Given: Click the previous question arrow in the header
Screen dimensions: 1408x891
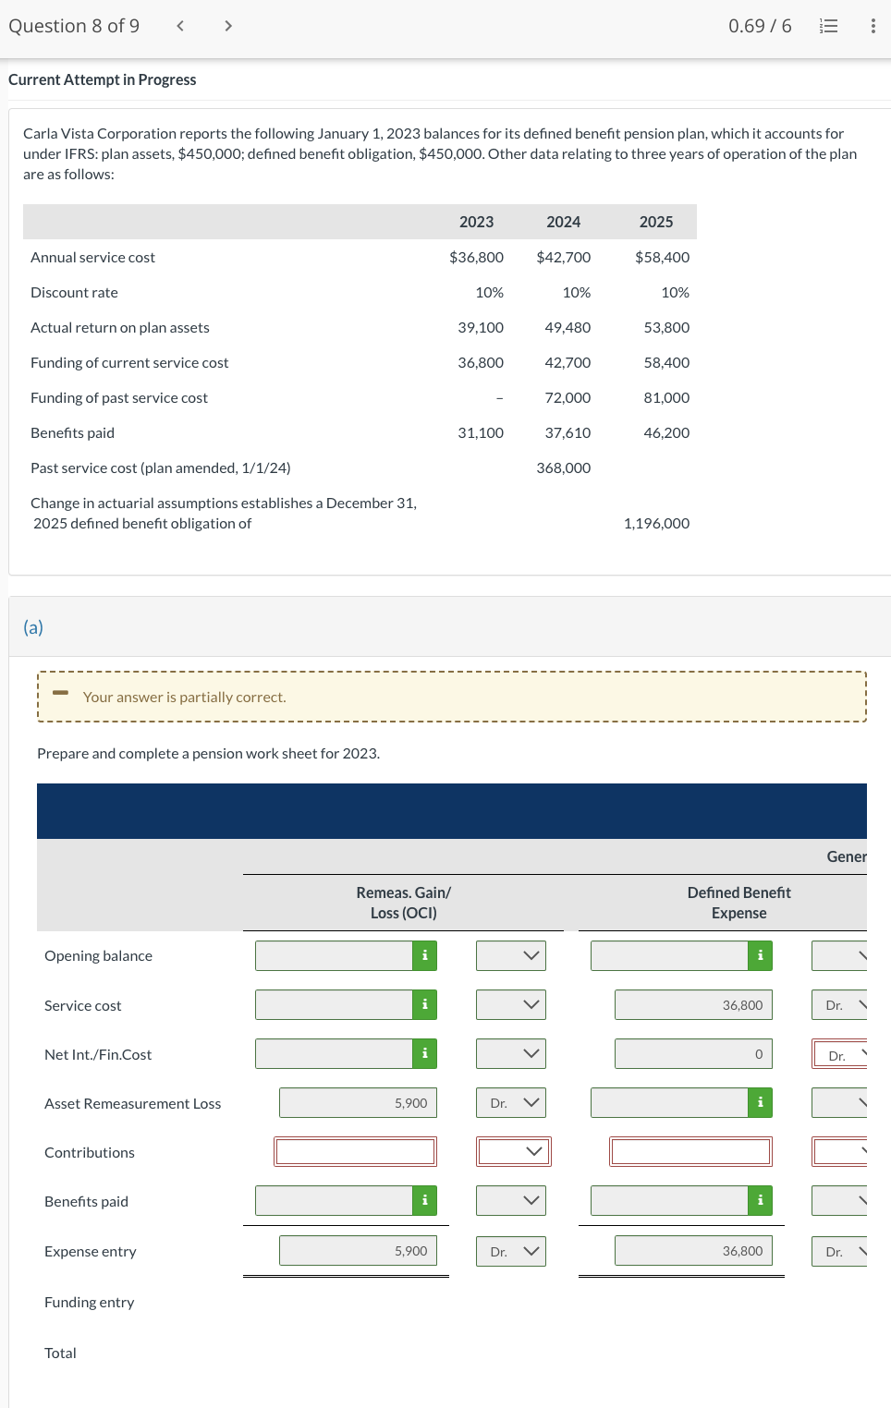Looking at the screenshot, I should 180,26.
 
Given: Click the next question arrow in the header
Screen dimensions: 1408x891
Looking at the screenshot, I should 228,26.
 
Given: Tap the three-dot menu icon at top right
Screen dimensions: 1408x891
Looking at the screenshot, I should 873,26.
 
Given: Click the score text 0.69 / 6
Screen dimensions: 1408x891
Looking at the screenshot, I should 759,26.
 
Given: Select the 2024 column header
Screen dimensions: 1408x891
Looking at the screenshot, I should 563,222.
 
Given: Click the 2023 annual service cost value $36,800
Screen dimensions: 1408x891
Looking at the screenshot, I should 476,257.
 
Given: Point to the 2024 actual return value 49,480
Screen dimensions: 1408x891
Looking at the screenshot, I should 568,327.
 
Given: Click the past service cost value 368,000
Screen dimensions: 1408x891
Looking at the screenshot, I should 563,467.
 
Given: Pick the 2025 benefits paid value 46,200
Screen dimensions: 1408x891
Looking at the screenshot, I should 665,432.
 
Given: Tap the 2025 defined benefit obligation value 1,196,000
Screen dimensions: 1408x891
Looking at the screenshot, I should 656,523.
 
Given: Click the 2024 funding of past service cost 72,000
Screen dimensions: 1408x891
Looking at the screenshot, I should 568,397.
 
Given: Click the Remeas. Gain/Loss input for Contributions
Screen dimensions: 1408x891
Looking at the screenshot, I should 355,1151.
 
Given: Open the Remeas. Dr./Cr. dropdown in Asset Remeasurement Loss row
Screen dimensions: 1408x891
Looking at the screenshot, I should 511,1102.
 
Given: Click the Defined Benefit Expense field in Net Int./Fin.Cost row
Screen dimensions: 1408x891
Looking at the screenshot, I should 692,1053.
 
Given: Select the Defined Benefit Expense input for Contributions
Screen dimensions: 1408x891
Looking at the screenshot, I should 690,1151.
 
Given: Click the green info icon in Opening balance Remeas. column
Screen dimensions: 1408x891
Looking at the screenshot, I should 424,955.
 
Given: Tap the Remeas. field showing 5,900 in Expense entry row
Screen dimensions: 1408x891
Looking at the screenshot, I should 358,1251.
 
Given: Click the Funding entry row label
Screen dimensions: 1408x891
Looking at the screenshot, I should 90,1302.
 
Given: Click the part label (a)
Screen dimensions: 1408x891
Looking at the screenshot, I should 33,627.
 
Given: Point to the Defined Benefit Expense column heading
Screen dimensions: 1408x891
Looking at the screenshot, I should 738,903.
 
